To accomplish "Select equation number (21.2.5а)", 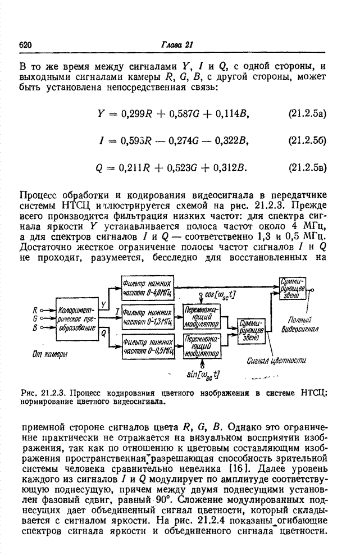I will pos(307,115).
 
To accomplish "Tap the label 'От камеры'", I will pos(47,354).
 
